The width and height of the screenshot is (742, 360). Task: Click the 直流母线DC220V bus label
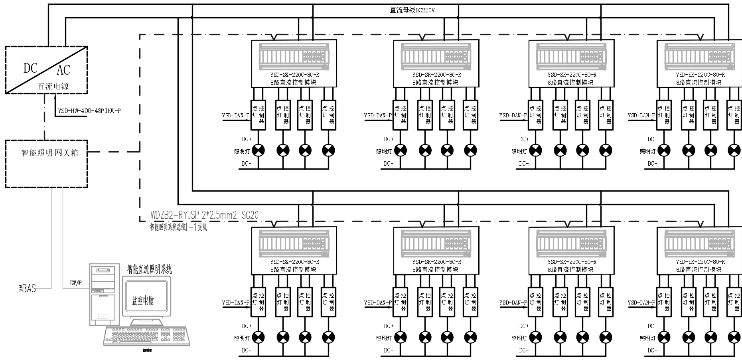point(412,10)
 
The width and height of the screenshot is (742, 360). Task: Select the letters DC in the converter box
point(30,68)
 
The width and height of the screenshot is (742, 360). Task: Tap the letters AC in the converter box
point(63,70)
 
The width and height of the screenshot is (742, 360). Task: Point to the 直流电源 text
point(53,86)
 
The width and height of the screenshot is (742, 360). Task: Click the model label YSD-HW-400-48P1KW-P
point(89,111)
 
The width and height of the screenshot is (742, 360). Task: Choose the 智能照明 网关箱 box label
point(49,152)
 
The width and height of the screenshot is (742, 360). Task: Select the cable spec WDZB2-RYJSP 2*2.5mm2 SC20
point(204,216)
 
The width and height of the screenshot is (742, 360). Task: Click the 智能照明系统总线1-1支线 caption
point(178,227)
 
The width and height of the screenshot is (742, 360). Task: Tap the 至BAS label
point(27,288)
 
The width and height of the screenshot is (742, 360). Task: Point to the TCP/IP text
point(75,283)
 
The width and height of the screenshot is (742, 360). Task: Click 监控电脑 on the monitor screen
point(143,301)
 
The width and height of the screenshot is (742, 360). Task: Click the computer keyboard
point(146,336)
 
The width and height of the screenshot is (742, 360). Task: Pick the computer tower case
point(105,295)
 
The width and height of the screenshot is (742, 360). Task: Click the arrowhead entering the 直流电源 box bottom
point(55,96)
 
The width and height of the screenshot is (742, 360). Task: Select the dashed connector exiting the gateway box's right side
point(114,152)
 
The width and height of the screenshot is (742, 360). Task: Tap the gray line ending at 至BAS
point(51,239)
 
